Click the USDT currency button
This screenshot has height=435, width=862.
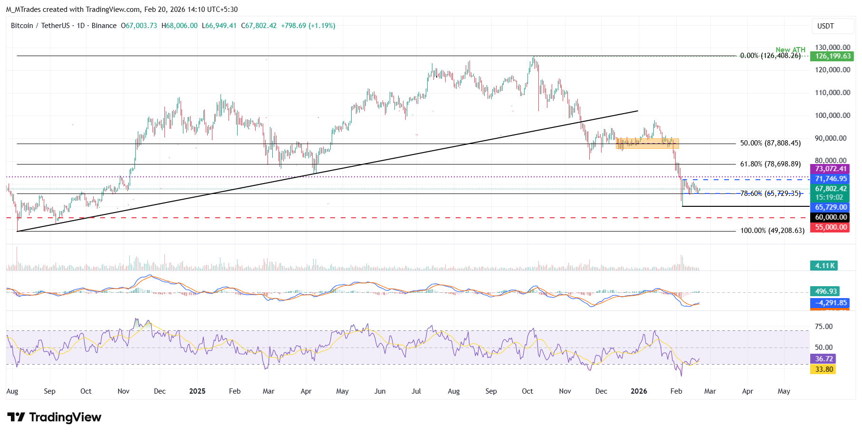pos(825,26)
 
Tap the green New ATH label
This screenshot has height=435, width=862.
pos(790,50)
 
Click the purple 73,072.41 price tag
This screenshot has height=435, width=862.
pos(831,169)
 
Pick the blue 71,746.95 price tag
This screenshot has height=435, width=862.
pos(831,179)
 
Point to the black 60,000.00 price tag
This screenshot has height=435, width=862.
pos(831,217)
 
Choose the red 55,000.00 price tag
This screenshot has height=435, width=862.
pos(831,227)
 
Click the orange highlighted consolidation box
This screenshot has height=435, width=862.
pos(647,143)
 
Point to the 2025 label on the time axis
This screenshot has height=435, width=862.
pos(197,391)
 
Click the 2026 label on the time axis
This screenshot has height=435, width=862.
pos(639,391)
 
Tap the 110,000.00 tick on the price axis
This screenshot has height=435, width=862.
pos(832,93)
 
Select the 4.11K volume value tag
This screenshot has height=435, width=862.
pos(824,266)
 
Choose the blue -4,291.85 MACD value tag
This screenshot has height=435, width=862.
pos(831,303)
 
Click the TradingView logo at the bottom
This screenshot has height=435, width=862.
pos(54,417)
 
